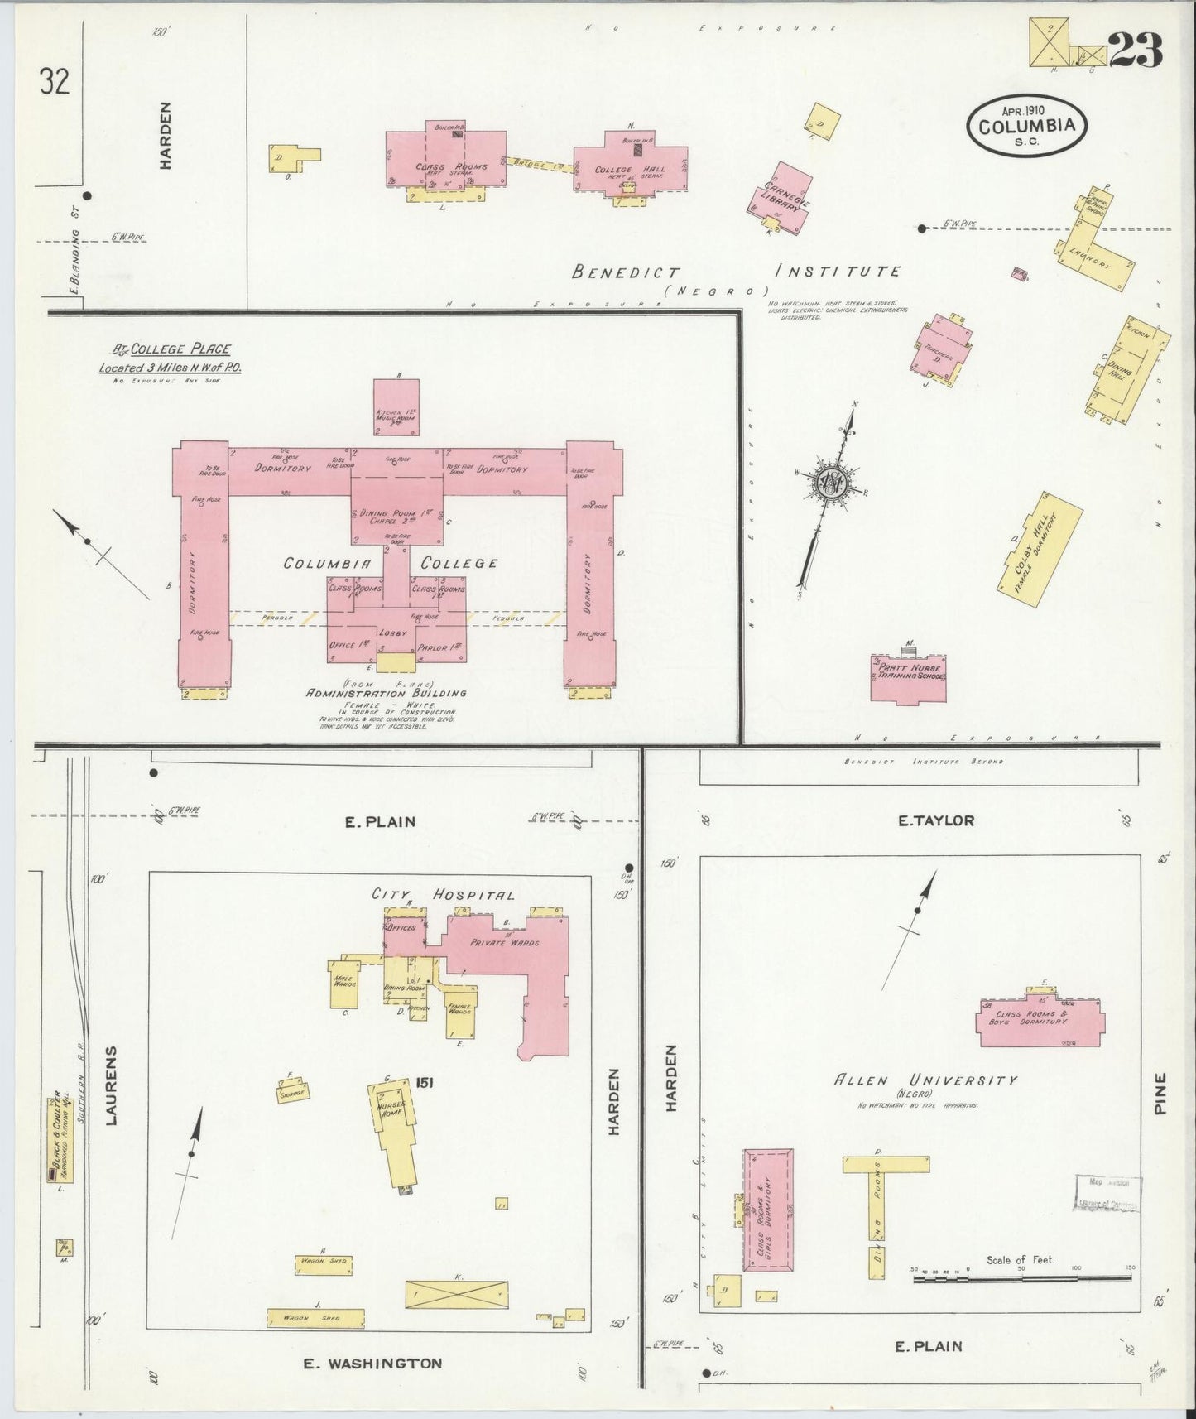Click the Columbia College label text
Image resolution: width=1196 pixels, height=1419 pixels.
point(391,563)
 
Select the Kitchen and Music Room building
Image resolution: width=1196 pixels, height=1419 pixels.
point(396,406)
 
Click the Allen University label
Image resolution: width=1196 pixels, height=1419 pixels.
point(925,1080)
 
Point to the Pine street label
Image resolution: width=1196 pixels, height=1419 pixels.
point(1160,1094)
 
